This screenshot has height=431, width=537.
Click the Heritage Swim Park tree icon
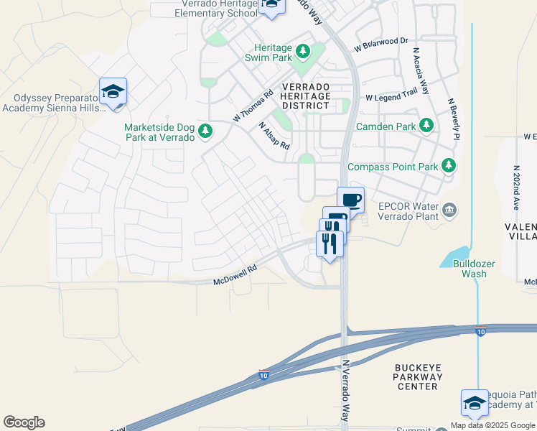(302, 50)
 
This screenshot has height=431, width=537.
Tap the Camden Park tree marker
(426, 126)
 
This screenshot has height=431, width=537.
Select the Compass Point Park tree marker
(449, 166)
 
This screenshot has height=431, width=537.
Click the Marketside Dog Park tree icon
(206, 131)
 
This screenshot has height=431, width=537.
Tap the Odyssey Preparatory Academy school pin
(113, 92)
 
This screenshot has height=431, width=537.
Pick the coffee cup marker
(350, 200)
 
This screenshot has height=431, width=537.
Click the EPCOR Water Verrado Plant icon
(449, 209)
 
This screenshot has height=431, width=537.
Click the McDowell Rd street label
(235, 277)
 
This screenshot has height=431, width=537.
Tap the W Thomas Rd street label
(253, 106)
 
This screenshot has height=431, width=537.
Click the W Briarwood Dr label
(380, 45)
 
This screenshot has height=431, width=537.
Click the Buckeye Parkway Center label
(416, 376)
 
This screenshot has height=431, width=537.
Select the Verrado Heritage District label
(306, 96)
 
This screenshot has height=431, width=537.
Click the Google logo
(24, 422)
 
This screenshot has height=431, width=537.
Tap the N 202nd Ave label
(515, 186)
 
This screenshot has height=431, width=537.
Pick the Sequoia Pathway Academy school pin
(475, 403)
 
